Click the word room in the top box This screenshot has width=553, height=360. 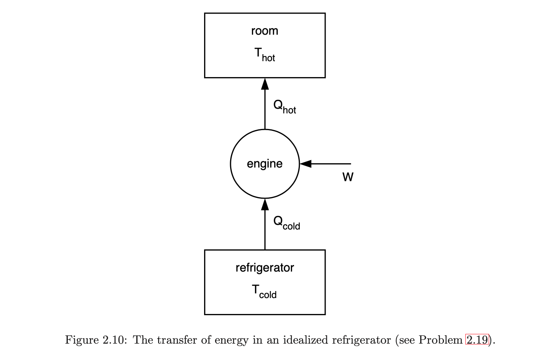[x=264, y=31]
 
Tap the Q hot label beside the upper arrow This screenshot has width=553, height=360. [x=284, y=106]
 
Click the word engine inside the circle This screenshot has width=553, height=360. [x=264, y=164]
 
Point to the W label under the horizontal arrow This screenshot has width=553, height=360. [x=348, y=177]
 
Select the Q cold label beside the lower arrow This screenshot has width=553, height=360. [x=286, y=222]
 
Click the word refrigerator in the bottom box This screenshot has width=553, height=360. [x=264, y=268]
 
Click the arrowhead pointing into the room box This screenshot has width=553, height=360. [x=265, y=83]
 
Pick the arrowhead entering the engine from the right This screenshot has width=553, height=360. [x=306, y=164]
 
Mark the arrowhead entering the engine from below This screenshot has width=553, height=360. [x=265, y=204]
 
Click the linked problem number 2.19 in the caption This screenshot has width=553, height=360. [x=477, y=340]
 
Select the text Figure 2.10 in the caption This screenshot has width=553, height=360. [x=95, y=340]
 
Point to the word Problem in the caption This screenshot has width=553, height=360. [x=440, y=340]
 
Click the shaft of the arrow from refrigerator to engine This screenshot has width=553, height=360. [x=265, y=230]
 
